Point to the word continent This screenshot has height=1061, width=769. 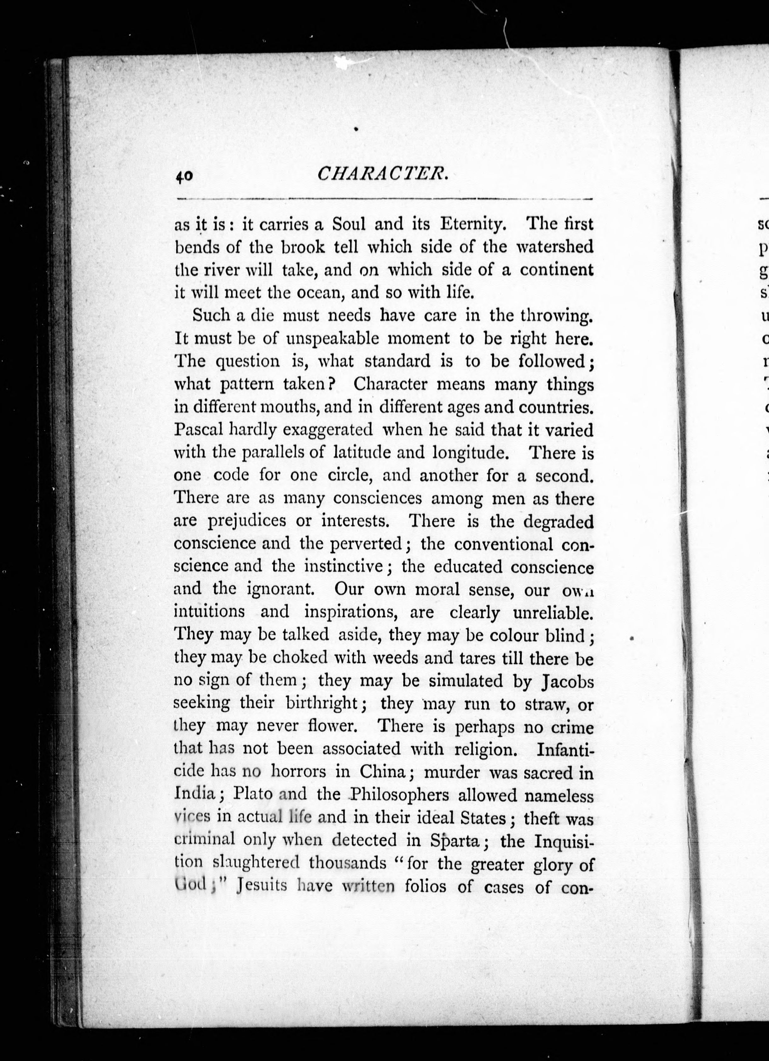coord(557,270)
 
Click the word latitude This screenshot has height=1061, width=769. coord(362,452)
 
